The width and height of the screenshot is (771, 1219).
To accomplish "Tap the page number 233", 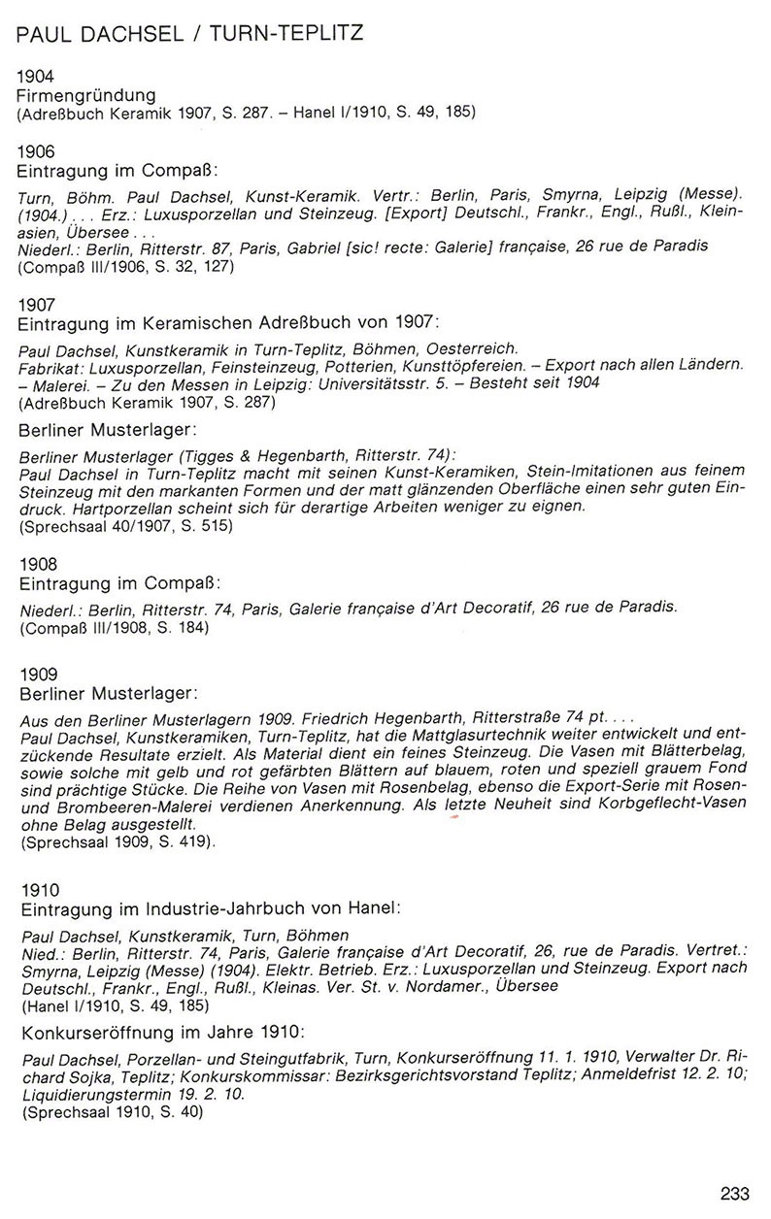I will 735,1193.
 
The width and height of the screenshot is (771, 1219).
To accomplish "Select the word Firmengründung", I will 86,95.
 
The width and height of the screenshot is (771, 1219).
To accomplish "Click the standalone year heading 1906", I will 37,150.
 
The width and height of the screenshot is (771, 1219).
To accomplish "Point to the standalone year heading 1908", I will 37,563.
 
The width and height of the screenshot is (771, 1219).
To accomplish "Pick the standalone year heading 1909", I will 37,675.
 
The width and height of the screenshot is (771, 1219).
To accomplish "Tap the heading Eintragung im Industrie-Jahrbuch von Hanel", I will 209,909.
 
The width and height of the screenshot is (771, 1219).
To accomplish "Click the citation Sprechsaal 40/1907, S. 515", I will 126,525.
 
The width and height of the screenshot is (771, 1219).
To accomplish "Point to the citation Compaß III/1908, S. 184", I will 114,627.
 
